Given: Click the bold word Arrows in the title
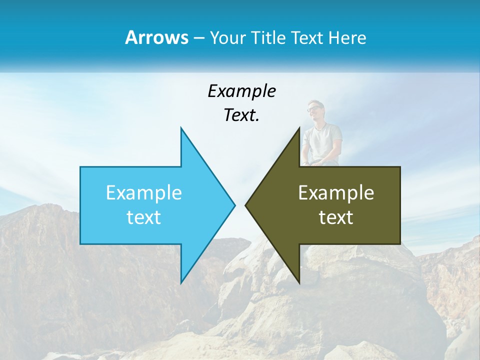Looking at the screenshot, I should pos(156,37).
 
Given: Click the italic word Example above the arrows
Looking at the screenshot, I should pos(242,91).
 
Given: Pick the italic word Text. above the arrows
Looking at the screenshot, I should pos(242,115).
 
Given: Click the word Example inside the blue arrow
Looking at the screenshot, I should pos(144,192).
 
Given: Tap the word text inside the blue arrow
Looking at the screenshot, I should pos(144,217).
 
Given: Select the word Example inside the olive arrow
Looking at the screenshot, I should pos(336,192).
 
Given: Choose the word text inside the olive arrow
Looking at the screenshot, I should pos(336,217).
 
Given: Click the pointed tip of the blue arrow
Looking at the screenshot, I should pos(234,205).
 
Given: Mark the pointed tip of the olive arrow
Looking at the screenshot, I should pos(246,205).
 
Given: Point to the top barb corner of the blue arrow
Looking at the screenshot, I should pos(181,128).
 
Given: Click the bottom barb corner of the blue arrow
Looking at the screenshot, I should pos(181,282).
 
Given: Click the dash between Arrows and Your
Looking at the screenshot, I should pos(198,38).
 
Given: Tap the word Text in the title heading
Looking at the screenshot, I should pos(307,37).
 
